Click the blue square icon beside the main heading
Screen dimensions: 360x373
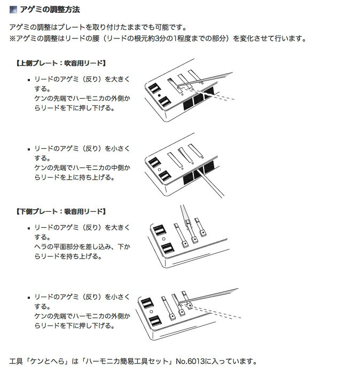pos(13,10)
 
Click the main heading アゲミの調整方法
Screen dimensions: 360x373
pos(50,10)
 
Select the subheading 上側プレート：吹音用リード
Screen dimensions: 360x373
pos(61,64)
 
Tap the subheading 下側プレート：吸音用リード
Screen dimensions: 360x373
pos(61,211)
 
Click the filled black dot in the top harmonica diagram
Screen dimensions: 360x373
pos(159,96)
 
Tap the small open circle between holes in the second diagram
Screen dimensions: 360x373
pos(159,170)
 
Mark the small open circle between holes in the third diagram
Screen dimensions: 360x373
pos(163,239)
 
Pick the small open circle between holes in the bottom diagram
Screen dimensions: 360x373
pos(151,312)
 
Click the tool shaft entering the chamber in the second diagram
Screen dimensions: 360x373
pos(211,183)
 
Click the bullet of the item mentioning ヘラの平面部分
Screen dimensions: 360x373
pos(29,228)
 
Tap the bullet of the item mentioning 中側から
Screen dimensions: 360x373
pos(29,149)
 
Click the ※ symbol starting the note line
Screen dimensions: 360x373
pos(12,38)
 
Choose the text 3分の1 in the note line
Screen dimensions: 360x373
pos(166,38)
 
